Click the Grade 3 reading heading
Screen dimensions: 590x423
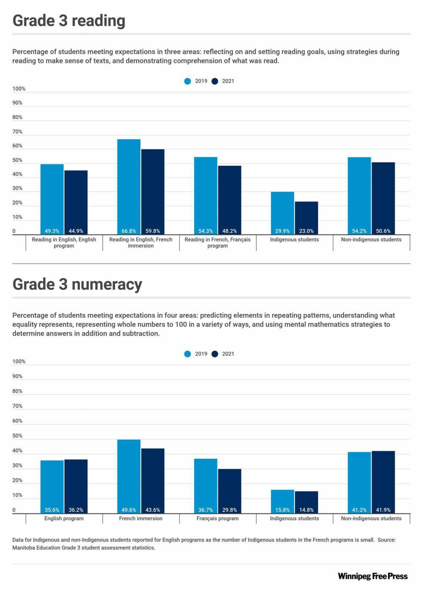[69, 21]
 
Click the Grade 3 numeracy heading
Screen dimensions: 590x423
[77, 284]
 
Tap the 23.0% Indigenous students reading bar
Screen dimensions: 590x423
[306, 218]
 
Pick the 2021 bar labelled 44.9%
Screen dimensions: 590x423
[76, 202]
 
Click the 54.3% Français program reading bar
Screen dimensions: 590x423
[206, 196]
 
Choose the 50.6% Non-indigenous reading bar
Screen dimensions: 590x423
[383, 198]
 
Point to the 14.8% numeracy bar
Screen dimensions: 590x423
[306, 502]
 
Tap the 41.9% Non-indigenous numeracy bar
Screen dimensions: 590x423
[383, 482]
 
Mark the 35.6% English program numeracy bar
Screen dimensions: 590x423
[52, 486]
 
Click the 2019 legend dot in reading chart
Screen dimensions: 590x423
[188, 81]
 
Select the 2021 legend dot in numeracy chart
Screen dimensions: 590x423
[215, 354]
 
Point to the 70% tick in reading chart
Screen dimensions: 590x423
[17, 132]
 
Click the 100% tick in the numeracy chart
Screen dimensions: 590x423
[19, 362]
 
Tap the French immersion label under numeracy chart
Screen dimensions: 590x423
[141, 519]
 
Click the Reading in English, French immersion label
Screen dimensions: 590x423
[141, 243]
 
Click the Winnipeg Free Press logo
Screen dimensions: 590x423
[373, 576]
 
